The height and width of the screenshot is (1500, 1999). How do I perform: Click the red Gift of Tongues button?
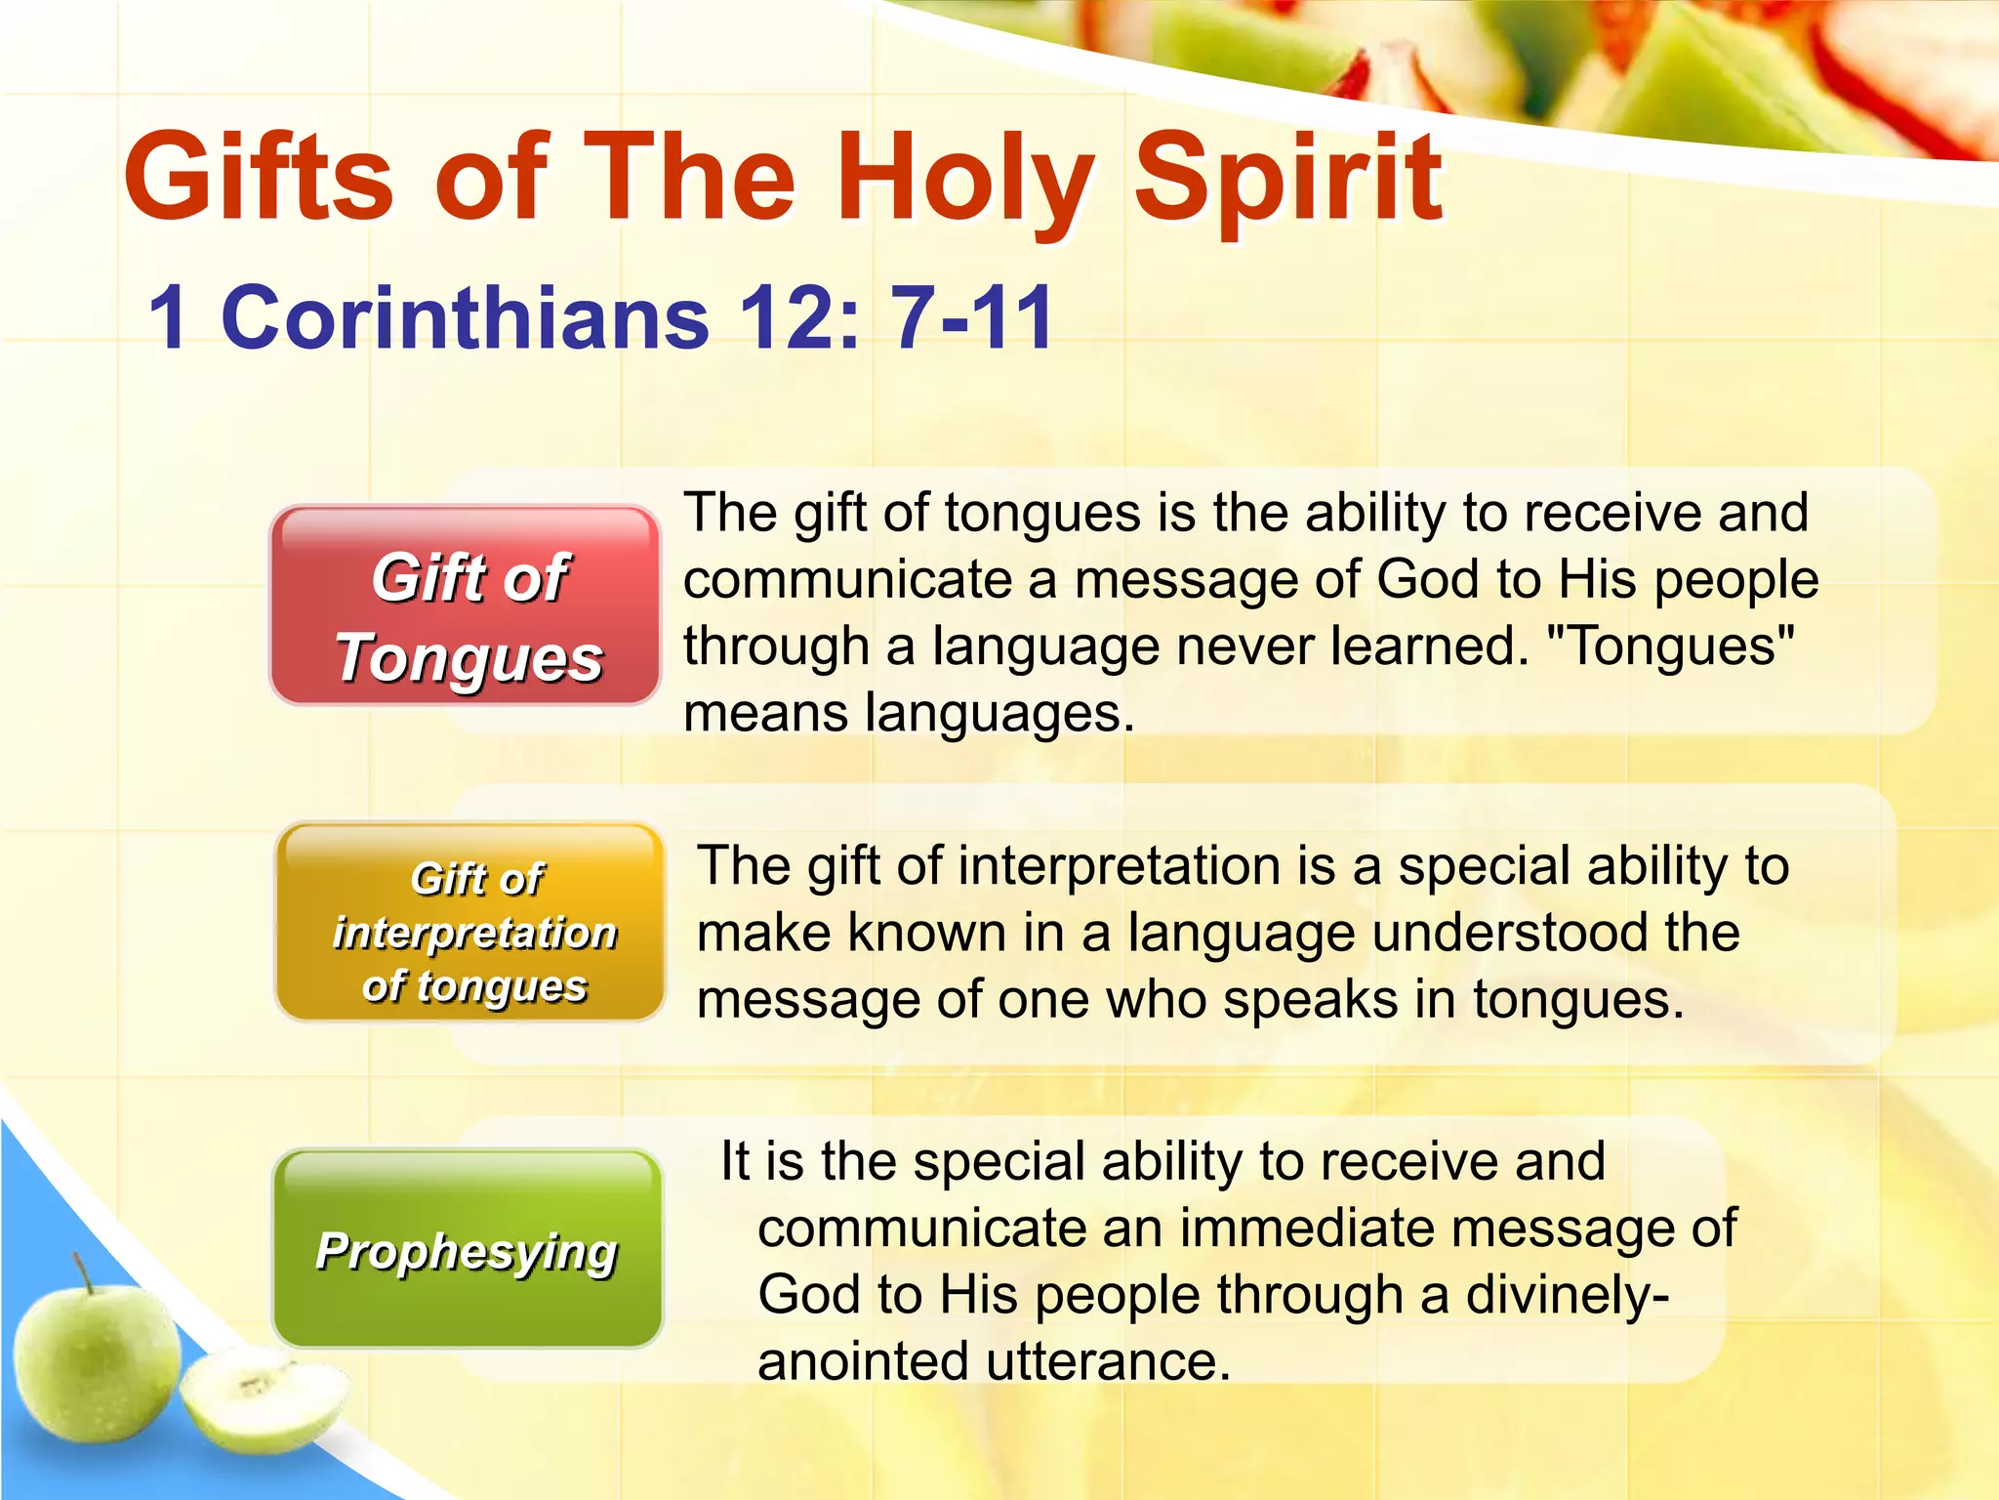point(466,606)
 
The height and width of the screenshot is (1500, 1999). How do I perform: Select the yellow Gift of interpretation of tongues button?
point(472,923)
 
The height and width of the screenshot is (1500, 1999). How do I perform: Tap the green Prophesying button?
point(468,1250)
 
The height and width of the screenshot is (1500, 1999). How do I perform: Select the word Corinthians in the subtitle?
point(466,317)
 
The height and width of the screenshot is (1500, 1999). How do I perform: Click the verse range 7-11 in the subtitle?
point(972,317)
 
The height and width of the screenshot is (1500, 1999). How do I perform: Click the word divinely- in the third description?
point(1568,1295)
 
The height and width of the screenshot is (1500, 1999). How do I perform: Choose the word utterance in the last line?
point(1109,1361)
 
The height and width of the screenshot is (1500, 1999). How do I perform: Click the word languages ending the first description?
point(1000,714)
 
